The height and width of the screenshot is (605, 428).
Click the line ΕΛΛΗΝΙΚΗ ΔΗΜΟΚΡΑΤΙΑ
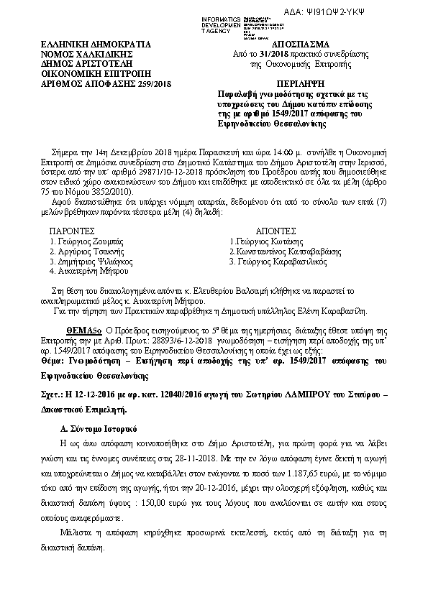(83, 45)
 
